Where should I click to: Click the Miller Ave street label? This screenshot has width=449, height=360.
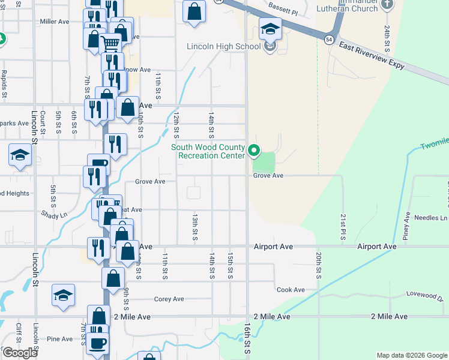tap(55, 22)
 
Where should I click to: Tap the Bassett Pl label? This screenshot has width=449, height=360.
tap(284, 11)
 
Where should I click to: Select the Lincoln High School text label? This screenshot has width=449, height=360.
tap(224, 46)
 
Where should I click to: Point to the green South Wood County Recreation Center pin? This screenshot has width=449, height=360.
tap(254, 151)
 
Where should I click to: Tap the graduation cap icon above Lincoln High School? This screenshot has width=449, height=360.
tap(270, 27)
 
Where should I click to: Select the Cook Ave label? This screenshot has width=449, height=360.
tap(291, 290)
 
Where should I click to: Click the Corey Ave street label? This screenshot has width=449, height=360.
tap(169, 299)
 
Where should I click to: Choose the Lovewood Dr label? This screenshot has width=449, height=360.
tap(423, 295)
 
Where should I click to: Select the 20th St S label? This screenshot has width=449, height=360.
tap(319, 265)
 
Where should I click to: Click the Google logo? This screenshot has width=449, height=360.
tap(20, 353)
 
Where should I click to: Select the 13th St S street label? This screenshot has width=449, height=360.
tap(195, 226)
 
